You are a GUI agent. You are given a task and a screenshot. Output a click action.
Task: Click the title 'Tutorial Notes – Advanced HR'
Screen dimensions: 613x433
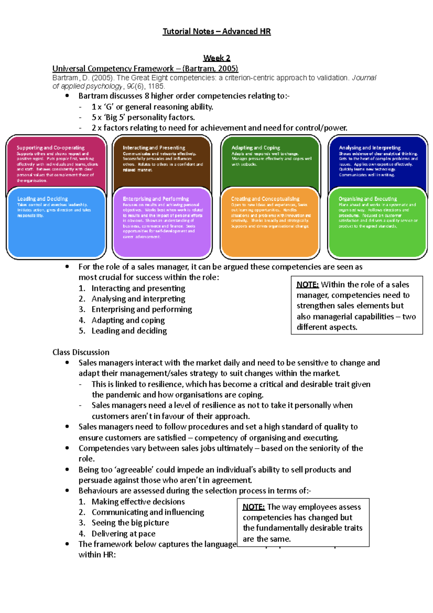pos(216,31)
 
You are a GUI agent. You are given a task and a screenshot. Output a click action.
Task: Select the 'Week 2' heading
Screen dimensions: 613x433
pos(216,58)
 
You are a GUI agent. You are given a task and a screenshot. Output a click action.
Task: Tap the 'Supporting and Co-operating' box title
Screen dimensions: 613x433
pos(51,148)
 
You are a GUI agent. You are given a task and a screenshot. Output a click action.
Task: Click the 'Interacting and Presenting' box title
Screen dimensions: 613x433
pos(154,148)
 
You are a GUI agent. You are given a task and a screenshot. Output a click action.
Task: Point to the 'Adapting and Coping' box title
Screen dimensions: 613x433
pos(255,148)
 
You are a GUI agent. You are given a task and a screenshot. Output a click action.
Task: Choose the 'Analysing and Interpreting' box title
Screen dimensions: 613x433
pos(369,148)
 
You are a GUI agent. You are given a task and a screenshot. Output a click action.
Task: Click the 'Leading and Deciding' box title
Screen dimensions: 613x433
pos(42,199)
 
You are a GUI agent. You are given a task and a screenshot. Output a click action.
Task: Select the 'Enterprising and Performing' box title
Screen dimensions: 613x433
pos(156,199)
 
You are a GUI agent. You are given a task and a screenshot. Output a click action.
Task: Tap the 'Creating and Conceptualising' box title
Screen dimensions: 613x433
pos(265,199)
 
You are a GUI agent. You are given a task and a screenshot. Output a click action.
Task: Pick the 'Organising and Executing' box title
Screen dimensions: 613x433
pos(367,199)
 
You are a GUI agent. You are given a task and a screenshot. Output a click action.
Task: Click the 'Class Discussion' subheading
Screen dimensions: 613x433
pos(81,352)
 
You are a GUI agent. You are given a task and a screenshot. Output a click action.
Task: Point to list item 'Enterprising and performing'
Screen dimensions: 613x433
pos(141,309)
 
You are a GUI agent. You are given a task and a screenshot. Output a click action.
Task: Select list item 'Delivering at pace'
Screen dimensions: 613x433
pos(123,534)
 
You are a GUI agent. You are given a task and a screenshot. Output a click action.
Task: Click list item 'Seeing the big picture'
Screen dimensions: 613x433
pos(130,523)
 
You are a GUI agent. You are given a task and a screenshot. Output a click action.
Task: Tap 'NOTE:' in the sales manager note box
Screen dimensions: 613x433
pos(307,285)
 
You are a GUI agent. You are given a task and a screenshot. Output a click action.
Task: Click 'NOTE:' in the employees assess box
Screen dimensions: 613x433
pos(254,507)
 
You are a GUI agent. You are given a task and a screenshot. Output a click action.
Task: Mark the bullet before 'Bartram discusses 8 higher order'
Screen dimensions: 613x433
pos(67,96)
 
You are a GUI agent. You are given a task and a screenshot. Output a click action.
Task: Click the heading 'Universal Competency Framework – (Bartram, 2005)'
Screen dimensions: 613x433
pos(145,69)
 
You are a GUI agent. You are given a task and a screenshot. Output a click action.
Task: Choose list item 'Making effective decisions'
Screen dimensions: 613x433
pos(138,501)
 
